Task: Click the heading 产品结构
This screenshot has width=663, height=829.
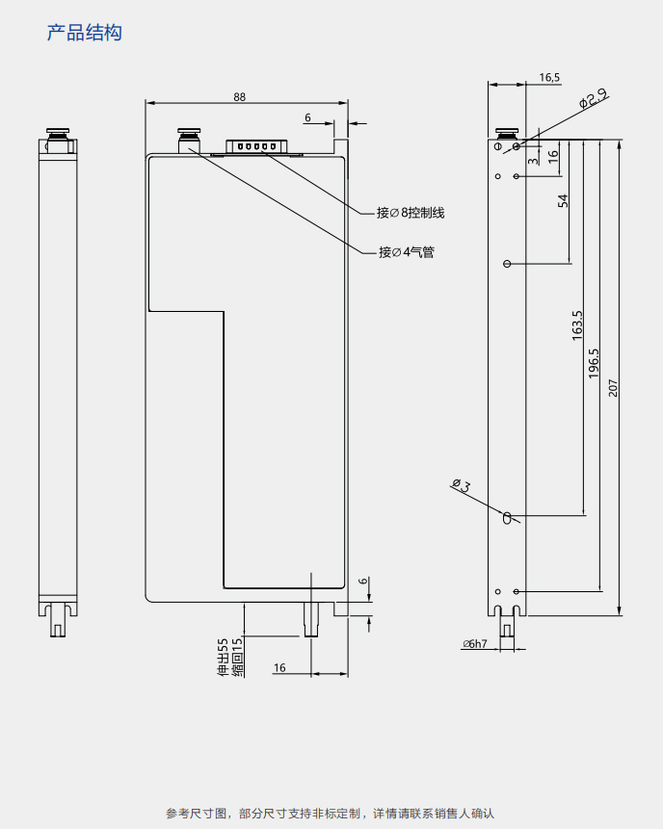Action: pyautogui.click(x=85, y=33)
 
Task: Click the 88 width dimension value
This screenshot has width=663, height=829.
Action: pyautogui.click(x=239, y=96)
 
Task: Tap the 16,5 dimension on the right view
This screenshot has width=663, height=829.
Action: pyautogui.click(x=549, y=77)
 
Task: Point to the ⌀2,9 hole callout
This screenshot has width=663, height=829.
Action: pyautogui.click(x=592, y=98)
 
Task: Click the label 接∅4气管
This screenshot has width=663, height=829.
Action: pyautogui.click(x=406, y=252)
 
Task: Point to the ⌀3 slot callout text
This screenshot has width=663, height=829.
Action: pyautogui.click(x=461, y=484)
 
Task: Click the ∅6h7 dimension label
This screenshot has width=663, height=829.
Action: pyautogui.click(x=475, y=644)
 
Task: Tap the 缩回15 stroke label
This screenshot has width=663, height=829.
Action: pyautogui.click(x=237, y=656)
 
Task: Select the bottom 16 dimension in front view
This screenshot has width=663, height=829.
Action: pyautogui.click(x=279, y=667)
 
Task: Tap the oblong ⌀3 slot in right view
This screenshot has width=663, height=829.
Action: pyautogui.click(x=507, y=517)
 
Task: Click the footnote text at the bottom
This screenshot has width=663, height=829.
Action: pyautogui.click(x=331, y=814)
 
